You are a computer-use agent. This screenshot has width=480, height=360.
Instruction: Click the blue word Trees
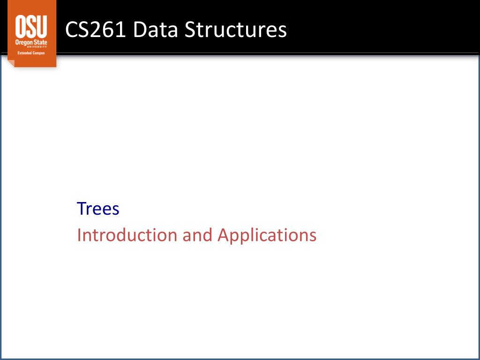pos(98,209)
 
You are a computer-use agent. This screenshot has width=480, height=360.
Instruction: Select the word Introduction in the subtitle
pos(127,235)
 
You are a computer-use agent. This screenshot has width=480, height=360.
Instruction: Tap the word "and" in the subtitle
pos(197,235)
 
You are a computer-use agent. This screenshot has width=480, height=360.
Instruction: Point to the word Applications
pos(267,236)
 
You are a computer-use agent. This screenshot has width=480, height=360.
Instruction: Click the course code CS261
pos(96,30)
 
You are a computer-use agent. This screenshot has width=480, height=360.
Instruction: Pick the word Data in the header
pos(156,30)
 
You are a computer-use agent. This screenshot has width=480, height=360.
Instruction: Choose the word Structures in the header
pos(236,30)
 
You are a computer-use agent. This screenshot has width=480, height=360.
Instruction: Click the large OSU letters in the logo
pos(31,26)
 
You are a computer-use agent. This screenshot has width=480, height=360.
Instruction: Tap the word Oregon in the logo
pos(23,42)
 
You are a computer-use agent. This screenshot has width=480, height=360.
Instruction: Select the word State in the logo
pos(40,42)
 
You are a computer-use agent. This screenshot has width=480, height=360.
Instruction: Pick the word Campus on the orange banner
pos(38,53)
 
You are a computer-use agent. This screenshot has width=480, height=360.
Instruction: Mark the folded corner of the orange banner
pos(11,63)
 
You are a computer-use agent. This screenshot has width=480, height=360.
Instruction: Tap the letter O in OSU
pos(21,26)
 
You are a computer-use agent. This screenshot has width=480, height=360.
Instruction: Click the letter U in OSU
pos(42,26)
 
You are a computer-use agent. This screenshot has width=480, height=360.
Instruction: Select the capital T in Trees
pos(82,209)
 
